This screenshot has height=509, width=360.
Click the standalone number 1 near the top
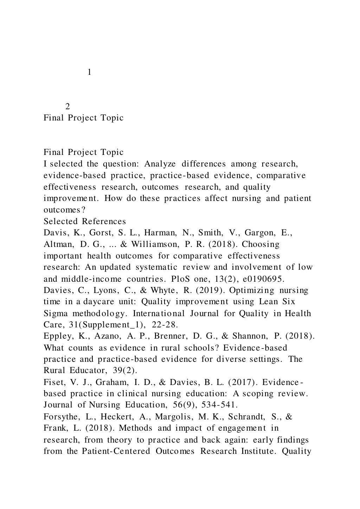(89, 72)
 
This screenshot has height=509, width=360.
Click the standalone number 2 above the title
(68, 106)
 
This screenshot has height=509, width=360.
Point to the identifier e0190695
(261, 279)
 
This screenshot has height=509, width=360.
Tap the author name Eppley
(56, 336)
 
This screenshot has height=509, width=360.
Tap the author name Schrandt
(247, 417)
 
